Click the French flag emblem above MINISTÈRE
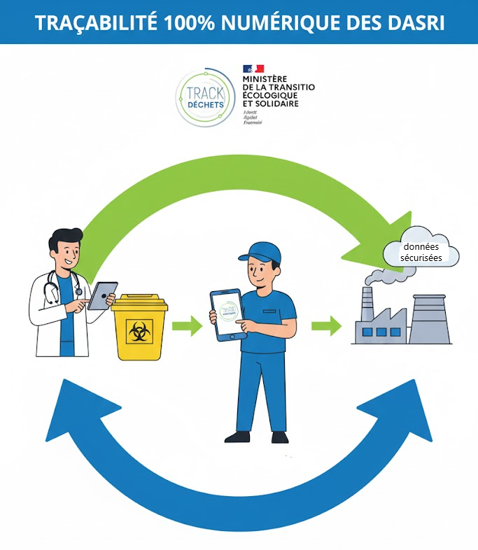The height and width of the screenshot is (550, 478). pyautogui.click(x=253, y=69)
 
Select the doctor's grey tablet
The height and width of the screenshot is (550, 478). pyautogui.click(x=102, y=295)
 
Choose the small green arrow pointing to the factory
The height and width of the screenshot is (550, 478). pyautogui.click(x=326, y=325)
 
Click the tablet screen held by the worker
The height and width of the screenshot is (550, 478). pyautogui.click(x=227, y=313)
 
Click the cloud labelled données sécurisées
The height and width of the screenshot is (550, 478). pyautogui.click(x=421, y=251)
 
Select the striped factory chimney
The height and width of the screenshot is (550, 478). pyautogui.click(x=367, y=308)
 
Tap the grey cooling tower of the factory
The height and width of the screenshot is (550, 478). pyautogui.click(x=429, y=318)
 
